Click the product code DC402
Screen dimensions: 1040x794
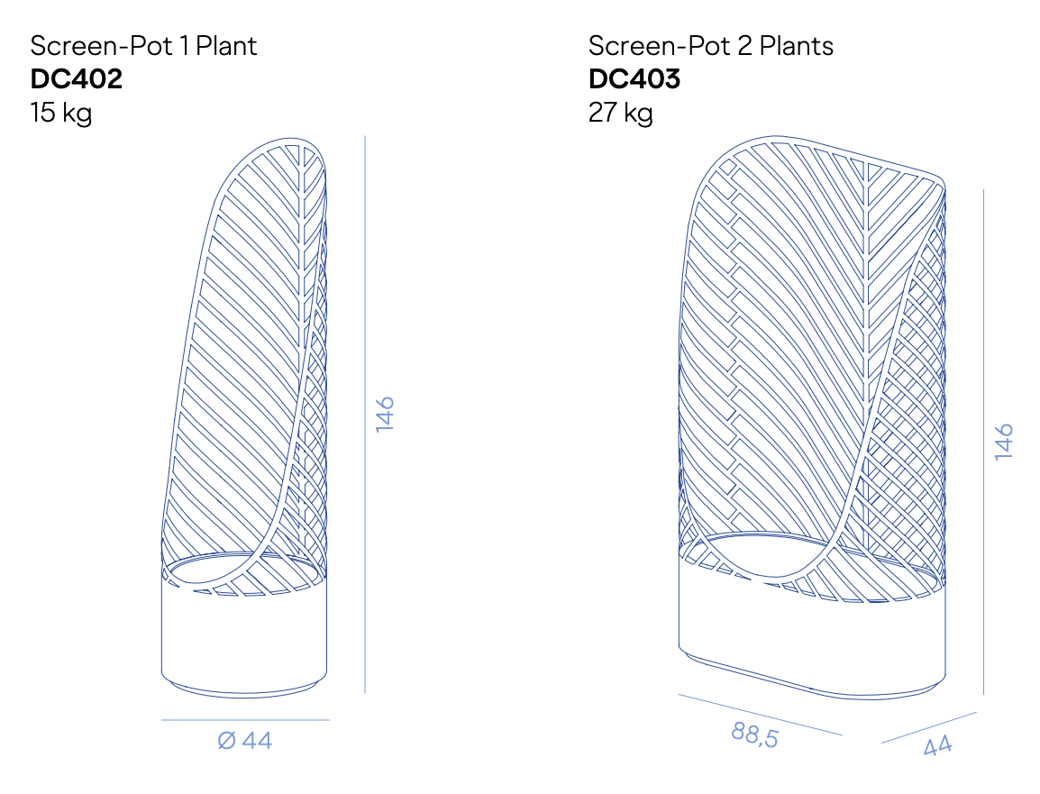tap(77, 79)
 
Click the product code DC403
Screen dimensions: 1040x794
tap(634, 79)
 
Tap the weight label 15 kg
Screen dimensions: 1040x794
tap(61, 113)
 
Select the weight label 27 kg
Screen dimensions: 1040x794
tap(620, 113)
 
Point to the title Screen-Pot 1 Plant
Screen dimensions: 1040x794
tap(143, 46)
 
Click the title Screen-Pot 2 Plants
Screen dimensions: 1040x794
tap(710, 46)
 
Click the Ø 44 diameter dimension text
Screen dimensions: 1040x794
tap(245, 740)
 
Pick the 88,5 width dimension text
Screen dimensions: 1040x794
tap(755, 735)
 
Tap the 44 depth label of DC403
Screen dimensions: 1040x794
tap(938, 745)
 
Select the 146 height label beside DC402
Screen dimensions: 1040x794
tap(385, 415)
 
